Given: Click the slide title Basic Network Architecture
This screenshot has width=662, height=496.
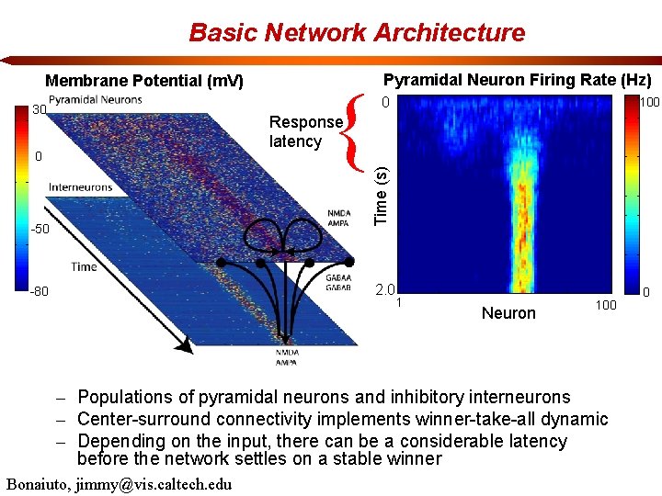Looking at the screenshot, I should click(357, 33).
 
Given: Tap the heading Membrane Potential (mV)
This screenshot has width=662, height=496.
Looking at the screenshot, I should click(144, 81).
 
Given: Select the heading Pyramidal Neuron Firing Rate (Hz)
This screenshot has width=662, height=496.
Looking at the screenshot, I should click(517, 80).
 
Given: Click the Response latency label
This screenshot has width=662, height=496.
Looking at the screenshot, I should click(305, 131).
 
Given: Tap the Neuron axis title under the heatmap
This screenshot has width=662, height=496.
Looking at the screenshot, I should click(508, 313).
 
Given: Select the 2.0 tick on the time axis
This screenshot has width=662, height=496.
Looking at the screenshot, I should click(384, 290).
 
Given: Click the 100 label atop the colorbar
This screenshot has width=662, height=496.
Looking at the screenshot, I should click(649, 103).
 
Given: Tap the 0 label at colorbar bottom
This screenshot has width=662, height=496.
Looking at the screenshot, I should click(646, 294).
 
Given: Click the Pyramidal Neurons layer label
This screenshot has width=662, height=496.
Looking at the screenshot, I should click(96, 99).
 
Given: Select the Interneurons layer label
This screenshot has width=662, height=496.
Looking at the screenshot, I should click(80, 187).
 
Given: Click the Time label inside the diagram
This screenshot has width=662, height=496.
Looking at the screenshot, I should click(84, 267).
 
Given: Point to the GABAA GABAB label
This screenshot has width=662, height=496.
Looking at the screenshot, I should click(337, 280).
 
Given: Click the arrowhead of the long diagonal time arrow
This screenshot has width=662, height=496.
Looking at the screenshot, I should click(186, 346).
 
